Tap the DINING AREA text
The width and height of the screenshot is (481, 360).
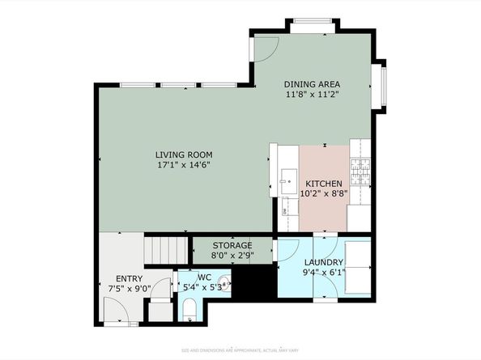[312, 84]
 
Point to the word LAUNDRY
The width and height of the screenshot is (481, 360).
[324, 263]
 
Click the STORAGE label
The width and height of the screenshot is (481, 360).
[232, 245]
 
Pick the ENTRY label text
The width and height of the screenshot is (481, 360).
[129, 278]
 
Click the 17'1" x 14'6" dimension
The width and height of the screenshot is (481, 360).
[184, 165]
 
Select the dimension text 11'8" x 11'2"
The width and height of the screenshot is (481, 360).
[312, 94]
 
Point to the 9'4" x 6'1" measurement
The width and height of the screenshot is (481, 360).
[324, 273]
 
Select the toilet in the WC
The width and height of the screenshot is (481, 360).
[188, 308]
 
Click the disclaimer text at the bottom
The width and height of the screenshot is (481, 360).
[240, 349]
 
